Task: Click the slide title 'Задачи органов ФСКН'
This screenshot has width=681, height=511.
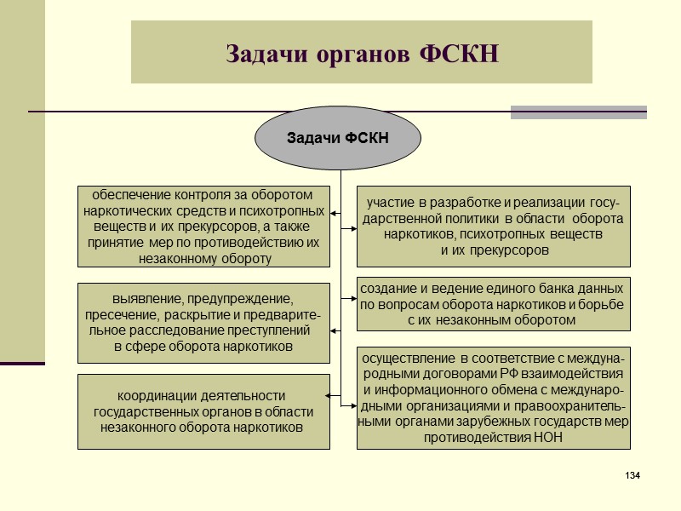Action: tap(361, 53)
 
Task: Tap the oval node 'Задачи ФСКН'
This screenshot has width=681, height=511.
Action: tap(338, 138)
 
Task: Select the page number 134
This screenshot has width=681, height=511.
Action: tap(632, 474)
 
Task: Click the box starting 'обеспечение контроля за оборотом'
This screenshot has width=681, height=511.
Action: tap(203, 226)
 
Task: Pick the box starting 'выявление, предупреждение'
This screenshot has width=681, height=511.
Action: tap(203, 323)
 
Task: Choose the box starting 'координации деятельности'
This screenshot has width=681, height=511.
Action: tap(203, 411)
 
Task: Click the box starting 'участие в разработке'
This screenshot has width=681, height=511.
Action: tap(494, 226)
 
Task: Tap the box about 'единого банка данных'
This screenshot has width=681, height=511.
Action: tap(494, 304)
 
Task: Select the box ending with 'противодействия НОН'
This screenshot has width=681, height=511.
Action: tap(494, 398)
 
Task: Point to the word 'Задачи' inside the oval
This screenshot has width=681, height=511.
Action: tap(312, 138)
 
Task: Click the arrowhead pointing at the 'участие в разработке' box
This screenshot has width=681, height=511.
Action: tap(352, 228)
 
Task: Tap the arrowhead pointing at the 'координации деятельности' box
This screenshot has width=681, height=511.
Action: tap(329, 394)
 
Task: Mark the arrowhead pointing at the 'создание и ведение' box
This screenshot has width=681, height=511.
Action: tap(352, 298)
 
